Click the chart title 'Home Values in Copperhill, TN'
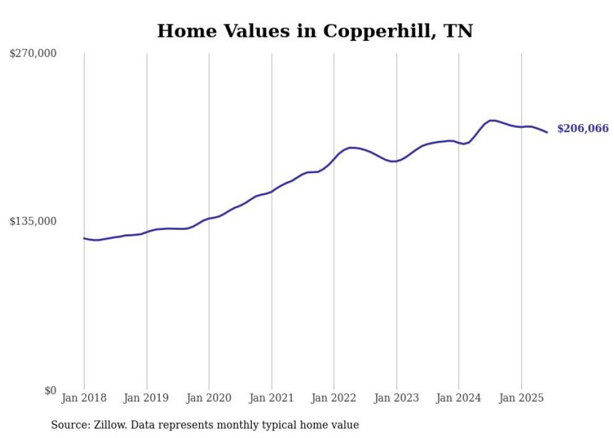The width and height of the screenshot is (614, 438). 315,31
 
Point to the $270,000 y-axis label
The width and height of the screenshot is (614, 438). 33,54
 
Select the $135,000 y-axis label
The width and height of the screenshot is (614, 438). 33,221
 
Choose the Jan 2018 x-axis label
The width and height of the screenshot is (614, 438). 84,398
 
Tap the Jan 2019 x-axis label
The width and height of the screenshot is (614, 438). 147,398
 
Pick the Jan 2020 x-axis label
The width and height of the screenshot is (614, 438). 209,398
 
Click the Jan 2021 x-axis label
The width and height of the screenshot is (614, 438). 271,398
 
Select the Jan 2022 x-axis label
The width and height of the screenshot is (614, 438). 334,398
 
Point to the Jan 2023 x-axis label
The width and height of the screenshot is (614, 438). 396,398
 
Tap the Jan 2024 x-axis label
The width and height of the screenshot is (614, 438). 459,398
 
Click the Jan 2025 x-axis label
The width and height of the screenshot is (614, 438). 521,398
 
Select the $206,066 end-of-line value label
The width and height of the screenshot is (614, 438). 583,129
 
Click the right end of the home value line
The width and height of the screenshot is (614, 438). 547,132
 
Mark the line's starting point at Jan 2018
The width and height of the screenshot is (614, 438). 84,238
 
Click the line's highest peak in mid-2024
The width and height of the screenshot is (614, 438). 492,120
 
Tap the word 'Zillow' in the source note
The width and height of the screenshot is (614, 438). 110,425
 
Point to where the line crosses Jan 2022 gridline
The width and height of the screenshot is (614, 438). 334,159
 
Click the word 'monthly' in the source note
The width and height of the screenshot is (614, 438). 249,425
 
